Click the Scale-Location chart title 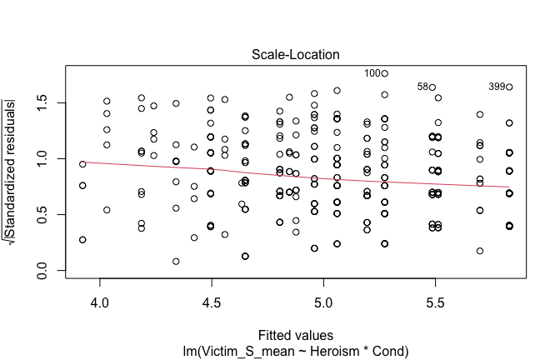coord(296,54)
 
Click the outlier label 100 coord(372,73)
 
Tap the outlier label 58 coord(422,87)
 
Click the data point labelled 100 coord(384,73)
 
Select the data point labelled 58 coord(432,87)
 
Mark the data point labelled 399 coord(509,87)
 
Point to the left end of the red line coord(82,162)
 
